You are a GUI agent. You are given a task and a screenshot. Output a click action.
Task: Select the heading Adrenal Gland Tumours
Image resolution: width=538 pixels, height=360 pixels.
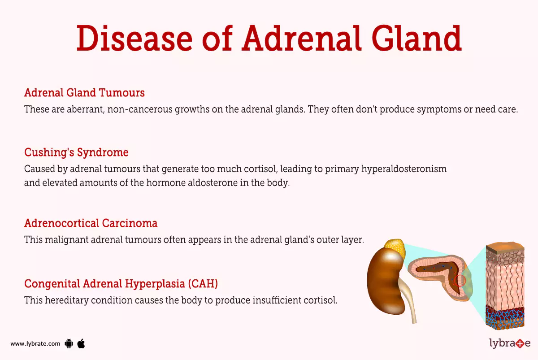point(84,93)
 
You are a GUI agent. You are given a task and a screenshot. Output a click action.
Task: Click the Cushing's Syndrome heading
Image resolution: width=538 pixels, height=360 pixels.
point(76,152)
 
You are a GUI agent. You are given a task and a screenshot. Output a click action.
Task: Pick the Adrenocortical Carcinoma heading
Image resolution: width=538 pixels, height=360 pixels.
point(91,223)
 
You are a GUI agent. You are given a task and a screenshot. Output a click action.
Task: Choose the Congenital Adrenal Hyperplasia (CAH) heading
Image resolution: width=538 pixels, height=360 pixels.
point(121,283)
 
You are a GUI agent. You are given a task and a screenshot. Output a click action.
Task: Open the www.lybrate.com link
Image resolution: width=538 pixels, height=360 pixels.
point(35,344)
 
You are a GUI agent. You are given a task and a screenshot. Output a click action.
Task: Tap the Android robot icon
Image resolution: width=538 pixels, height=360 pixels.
point(69,344)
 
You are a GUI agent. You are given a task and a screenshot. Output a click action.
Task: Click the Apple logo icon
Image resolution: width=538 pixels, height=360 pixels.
point(81,343)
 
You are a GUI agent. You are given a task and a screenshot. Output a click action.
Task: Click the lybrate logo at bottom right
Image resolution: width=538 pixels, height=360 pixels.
point(509,343)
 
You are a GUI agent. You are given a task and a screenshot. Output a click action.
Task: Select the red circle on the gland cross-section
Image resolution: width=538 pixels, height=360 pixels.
point(460,281)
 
